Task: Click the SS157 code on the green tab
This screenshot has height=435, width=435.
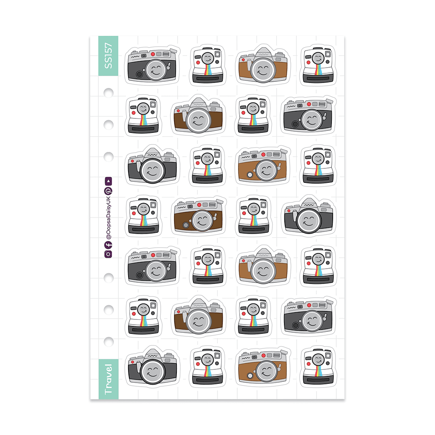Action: click(x=108, y=56)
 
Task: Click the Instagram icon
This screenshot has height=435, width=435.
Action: click(x=108, y=254)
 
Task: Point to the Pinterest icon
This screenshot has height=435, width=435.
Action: click(x=108, y=191)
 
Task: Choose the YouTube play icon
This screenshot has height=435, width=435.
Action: click(x=108, y=181)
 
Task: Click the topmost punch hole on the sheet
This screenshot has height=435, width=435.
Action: click(x=108, y=93)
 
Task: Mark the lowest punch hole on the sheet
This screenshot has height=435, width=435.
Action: click(x=108, y=342)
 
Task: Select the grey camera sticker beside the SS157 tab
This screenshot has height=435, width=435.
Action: click(x=152, y=65)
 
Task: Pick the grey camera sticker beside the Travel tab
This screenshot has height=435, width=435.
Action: click(x=152, y=366)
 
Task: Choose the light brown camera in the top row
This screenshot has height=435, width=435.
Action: click(x=263, y=65)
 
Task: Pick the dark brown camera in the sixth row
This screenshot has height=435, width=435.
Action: click(x=199, y=316)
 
